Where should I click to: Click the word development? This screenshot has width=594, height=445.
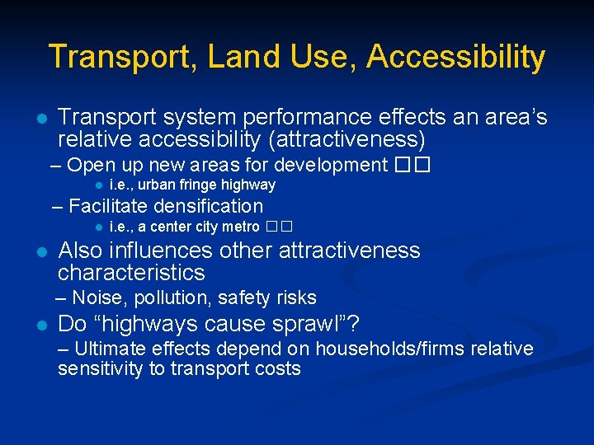330,165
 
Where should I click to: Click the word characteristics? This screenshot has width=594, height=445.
131,273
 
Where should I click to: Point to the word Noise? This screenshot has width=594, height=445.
97,297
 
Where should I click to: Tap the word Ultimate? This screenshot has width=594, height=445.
106,349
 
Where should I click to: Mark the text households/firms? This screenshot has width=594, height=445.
393,349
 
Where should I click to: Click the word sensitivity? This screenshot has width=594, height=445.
100,368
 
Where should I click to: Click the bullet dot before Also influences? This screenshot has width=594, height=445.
40,251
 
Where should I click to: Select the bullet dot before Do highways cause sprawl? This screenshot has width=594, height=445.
40,324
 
